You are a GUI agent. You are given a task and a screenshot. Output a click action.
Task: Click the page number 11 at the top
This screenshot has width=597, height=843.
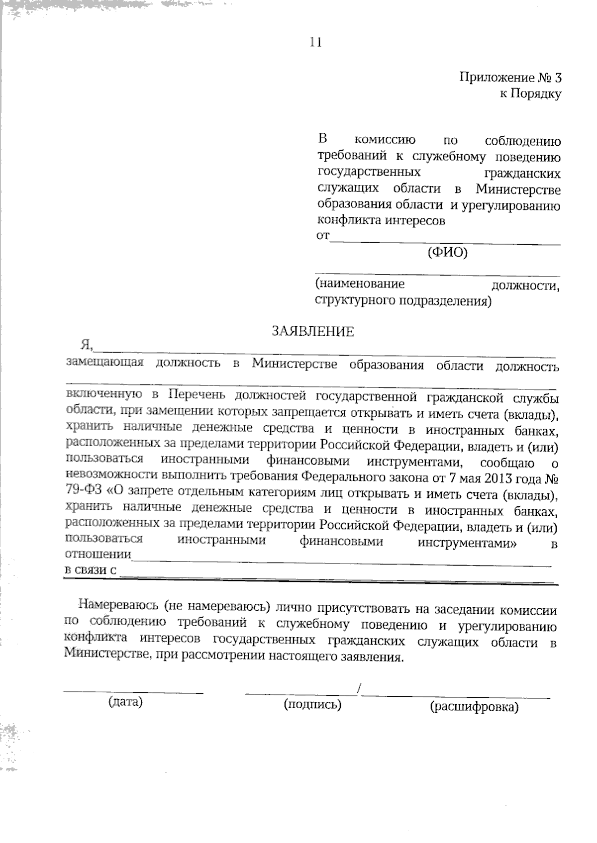[315, 42]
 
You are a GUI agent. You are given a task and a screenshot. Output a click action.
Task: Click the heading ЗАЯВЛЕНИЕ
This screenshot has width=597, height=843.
[312, 332]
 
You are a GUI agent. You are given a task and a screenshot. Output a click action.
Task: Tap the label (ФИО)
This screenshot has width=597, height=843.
[447, 253]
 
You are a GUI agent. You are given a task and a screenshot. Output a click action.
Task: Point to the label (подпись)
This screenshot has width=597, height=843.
[312, 704]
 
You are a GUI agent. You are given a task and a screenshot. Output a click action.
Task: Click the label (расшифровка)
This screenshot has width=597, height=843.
[474, 707]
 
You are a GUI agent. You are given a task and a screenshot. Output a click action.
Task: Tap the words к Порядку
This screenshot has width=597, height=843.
[530, 94]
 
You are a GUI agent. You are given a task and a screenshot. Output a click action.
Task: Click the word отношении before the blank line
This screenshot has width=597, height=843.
[98, 554]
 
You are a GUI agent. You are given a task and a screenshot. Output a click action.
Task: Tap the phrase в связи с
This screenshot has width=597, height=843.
[91, 570]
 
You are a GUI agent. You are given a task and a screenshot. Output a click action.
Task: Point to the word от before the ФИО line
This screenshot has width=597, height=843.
[322, 235]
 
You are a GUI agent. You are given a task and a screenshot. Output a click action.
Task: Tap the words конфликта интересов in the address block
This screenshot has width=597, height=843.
[381, 220]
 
